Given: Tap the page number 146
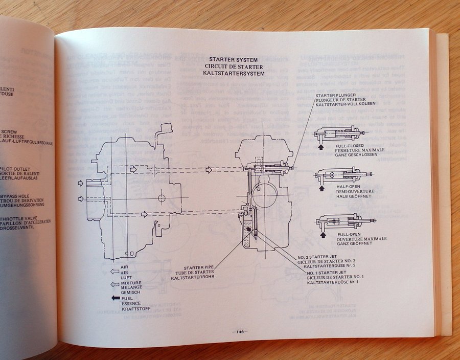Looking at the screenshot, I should pos(239,332).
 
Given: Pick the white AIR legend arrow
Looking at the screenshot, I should pos(115,272).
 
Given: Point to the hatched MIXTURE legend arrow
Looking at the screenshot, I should pos(115,284).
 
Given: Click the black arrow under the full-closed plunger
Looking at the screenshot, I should pos(321,147).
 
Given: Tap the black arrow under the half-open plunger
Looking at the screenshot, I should pos(321,188).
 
